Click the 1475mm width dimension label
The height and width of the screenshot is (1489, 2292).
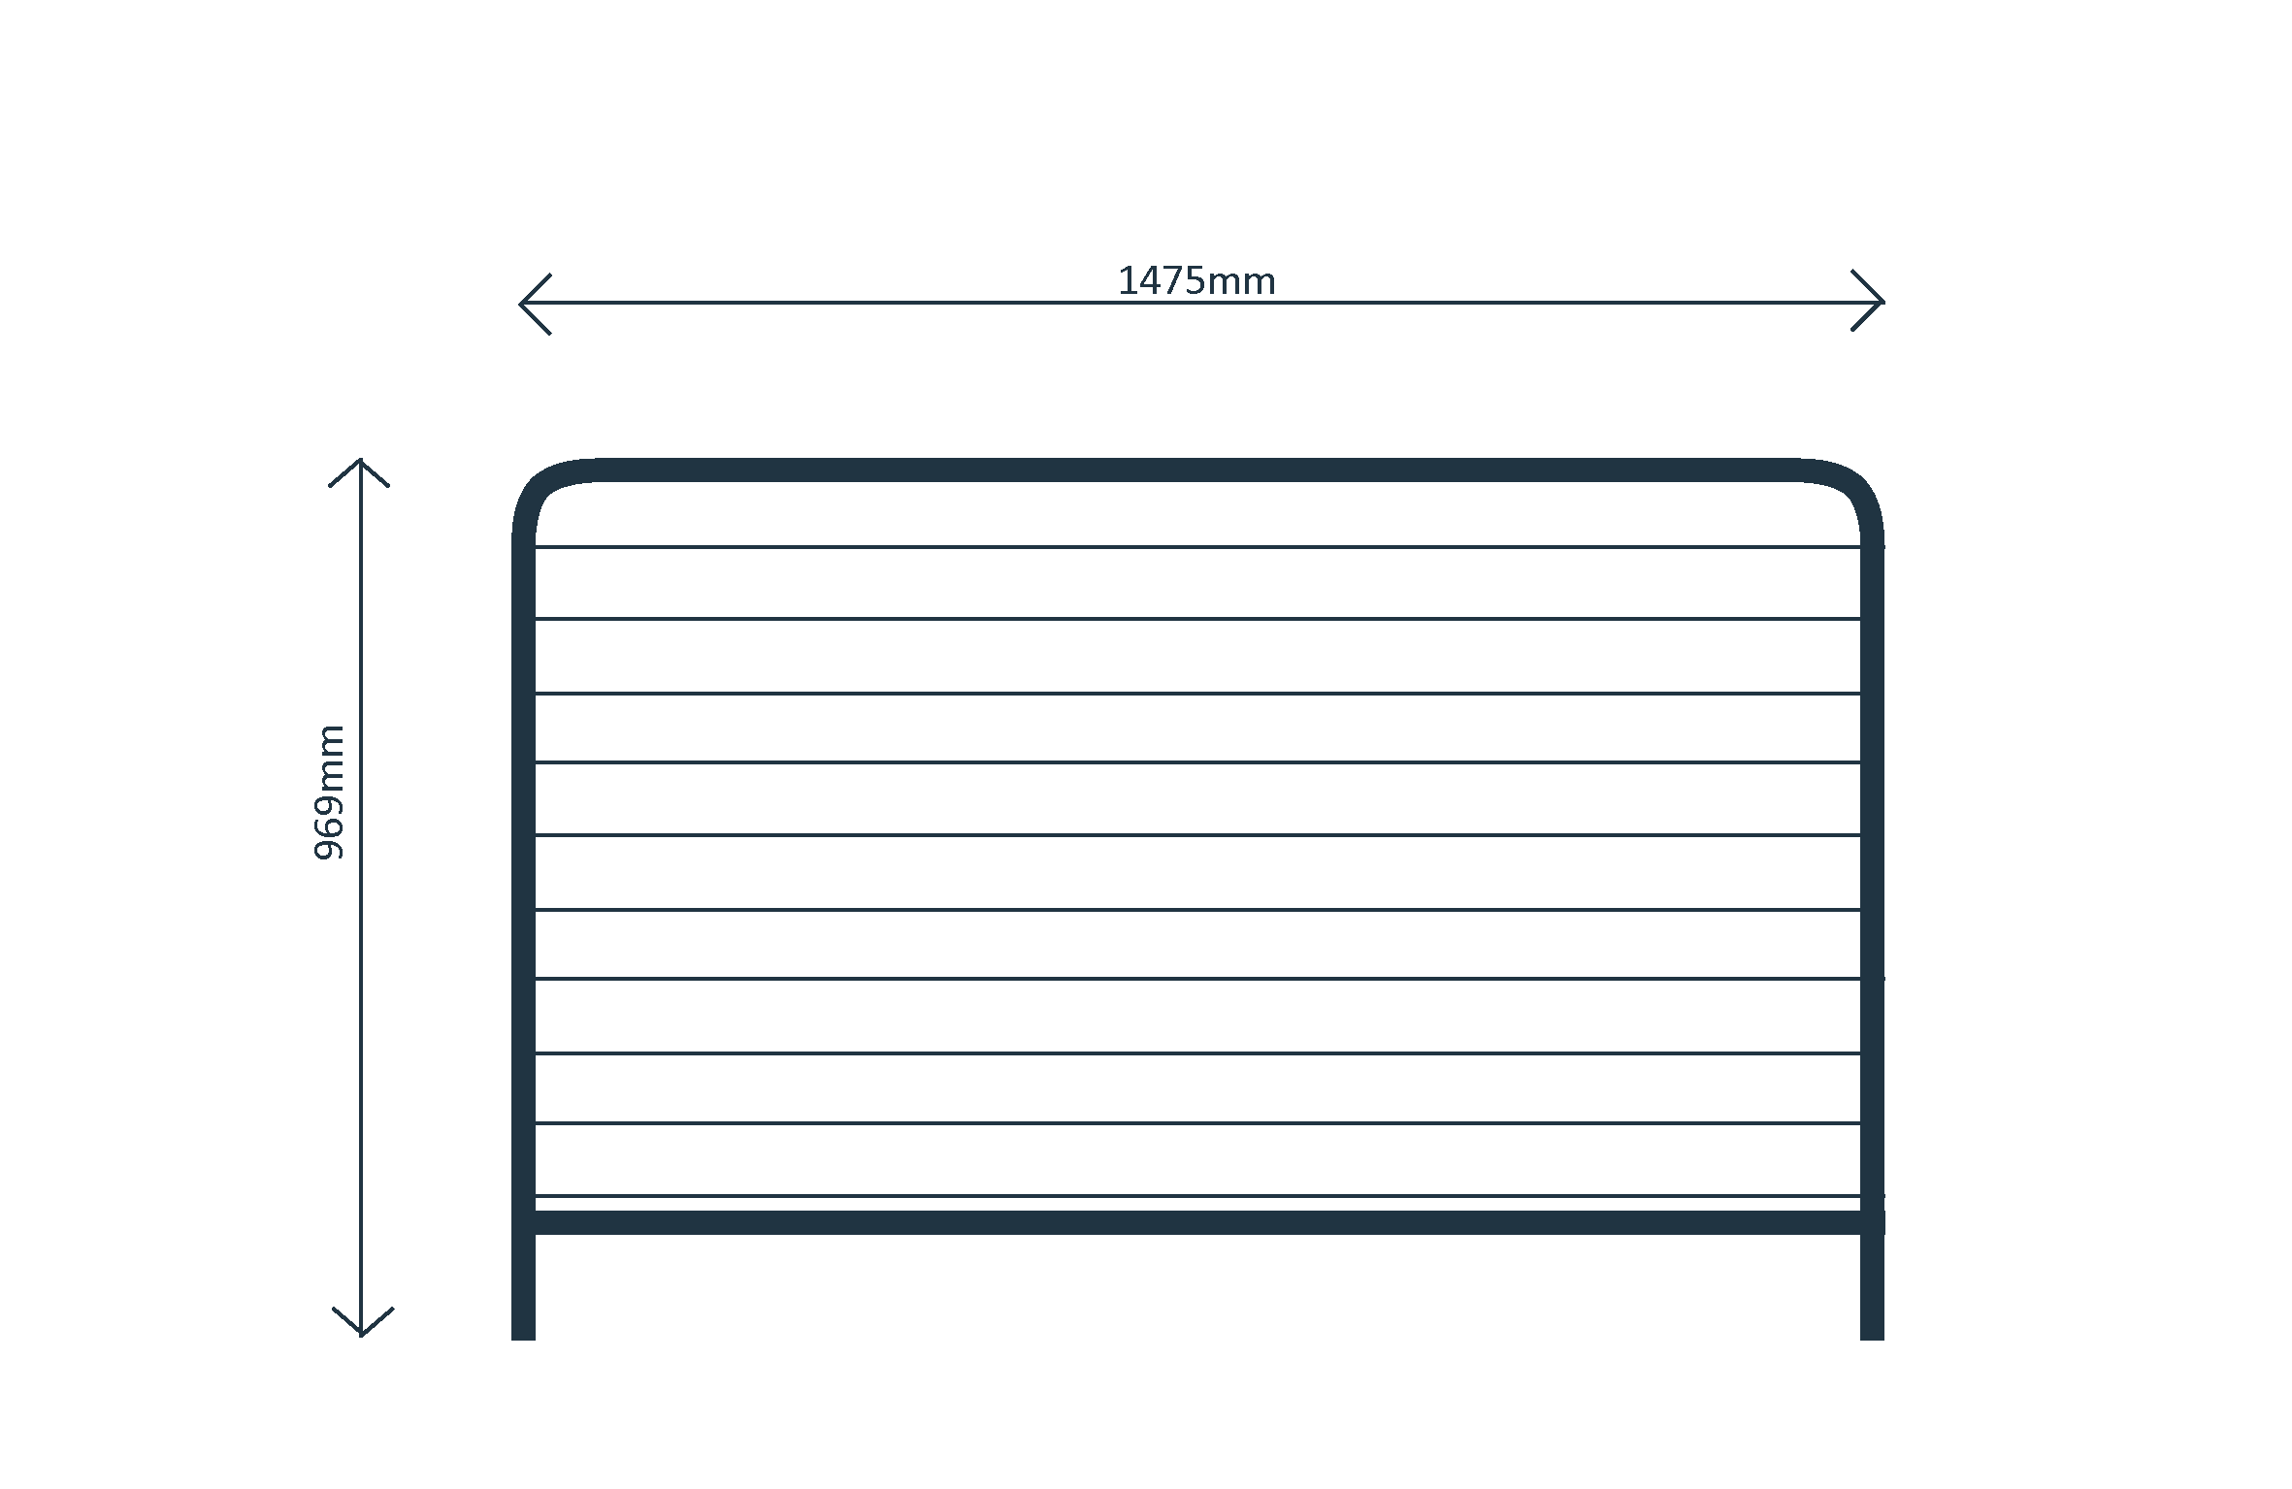tap(1196, 281)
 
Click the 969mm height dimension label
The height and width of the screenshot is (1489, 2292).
tap(329, 792)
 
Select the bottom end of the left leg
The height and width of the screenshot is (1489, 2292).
tap(523, 1339)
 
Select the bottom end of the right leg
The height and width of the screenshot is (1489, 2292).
tap(1872, 1339)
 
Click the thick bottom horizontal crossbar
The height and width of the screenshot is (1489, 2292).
tap(1197, 1222)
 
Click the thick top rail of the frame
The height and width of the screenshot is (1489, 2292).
tap(1197, 470)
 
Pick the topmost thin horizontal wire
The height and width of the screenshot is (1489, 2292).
tap(1197, 547)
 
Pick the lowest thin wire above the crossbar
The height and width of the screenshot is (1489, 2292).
tap(1197, 1195)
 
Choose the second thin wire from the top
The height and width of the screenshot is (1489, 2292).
tap(1197, 618)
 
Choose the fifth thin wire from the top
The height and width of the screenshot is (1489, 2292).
tap(1197, 834)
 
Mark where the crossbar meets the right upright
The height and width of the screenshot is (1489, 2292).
tap(1872, 1222)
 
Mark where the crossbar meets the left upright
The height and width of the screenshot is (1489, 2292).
tap(523, 1222)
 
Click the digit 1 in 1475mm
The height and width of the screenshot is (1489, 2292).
tap(1126, 281)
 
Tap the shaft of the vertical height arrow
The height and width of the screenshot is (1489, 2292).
tap(361, 897)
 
